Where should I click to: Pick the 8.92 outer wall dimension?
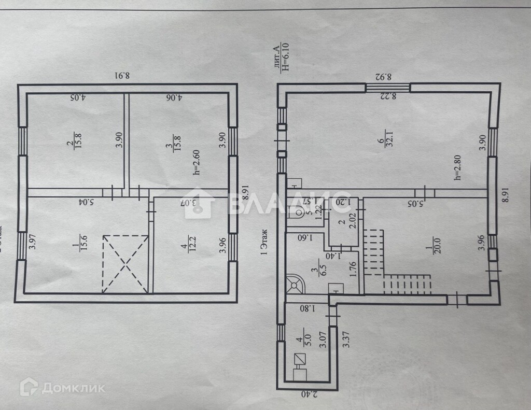tap(384, 76)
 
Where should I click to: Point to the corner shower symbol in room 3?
tap(296, 283)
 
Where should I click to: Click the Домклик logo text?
tap(73, 387)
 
